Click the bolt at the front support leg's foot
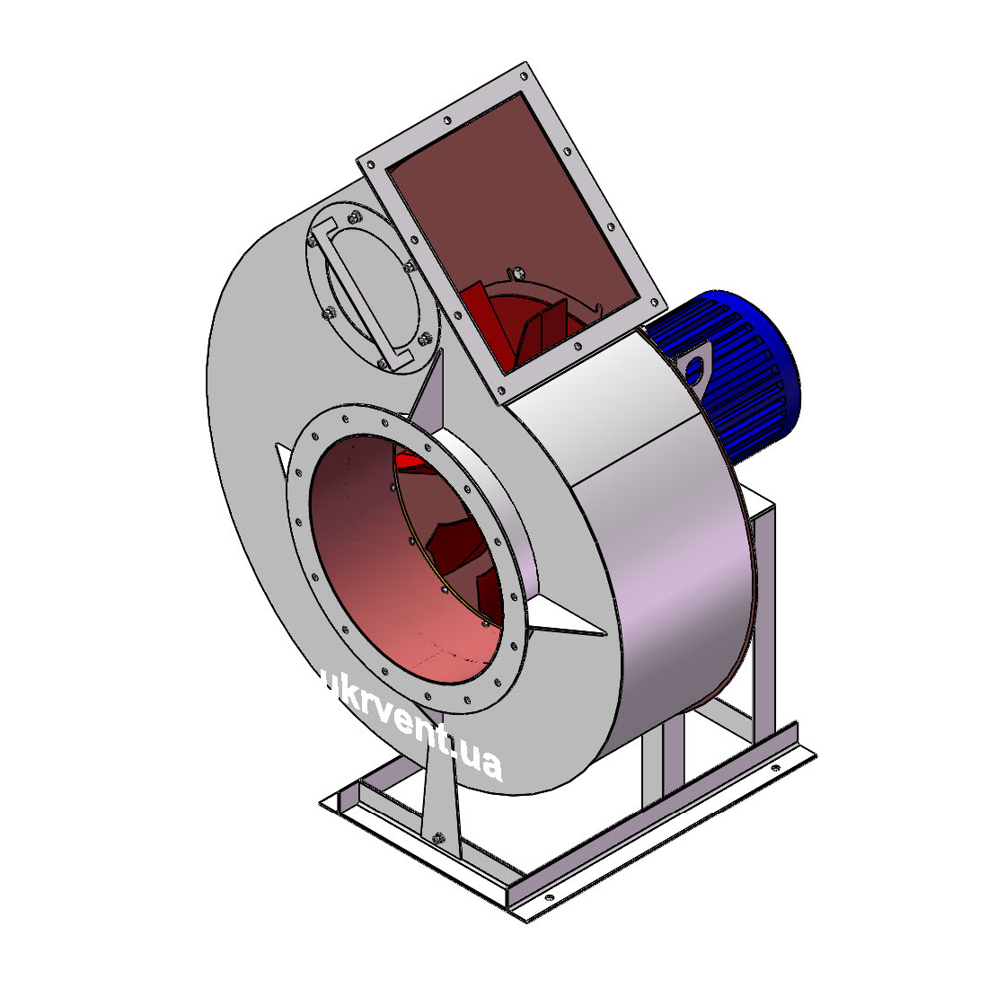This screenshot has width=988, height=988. point(439,837)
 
